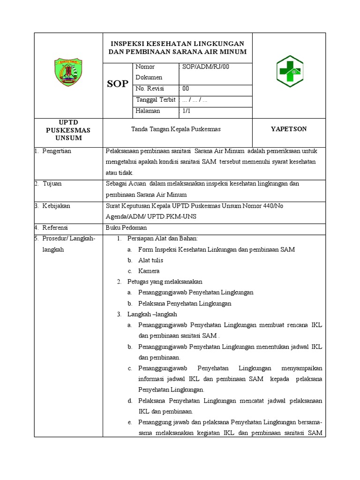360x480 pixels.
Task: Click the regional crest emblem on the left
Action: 68,72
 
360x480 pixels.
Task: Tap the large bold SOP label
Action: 118,84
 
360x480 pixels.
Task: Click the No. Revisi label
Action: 149,88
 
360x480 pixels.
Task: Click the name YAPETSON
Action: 289,129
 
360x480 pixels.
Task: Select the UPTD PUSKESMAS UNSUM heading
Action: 68,130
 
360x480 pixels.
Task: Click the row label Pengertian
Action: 57,151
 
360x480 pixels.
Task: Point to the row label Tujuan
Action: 52,184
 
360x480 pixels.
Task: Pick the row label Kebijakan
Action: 56,205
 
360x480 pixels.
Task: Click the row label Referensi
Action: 55,228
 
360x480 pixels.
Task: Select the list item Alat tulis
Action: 151,260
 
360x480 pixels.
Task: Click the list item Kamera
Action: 149,271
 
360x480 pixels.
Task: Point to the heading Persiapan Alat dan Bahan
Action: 163,239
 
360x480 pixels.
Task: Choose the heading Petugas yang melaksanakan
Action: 165,282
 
